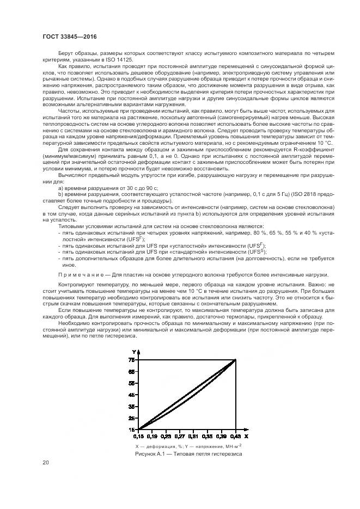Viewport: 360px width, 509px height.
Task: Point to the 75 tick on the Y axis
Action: [x=131, y=360]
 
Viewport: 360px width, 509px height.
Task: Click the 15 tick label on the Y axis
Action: [x=131, y=429]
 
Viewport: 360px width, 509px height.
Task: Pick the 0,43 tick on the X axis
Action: [x=235, y=436]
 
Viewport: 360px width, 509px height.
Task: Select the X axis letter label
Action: [x=246, y=436]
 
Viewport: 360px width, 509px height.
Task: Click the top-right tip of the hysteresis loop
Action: [x=235, y=360]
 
